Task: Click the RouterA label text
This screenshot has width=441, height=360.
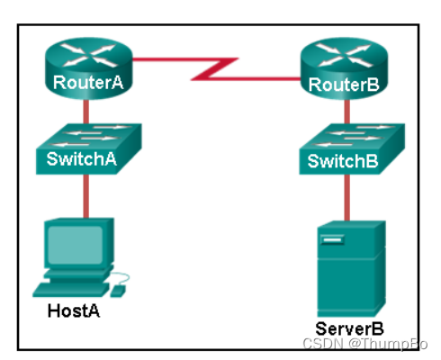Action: (x=88, y=82)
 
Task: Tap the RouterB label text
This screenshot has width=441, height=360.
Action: (x=344, y=85)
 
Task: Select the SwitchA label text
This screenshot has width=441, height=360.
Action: (x=81, y=158)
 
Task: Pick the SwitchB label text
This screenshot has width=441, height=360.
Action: (x=343, y=161)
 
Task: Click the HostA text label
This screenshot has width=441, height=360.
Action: (x=74, y=310)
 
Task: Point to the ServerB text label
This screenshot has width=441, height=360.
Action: (x=349, y=328)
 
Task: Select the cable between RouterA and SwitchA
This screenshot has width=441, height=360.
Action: (x=85, y=112)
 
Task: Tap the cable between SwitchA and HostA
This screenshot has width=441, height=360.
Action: (x=85, y=196)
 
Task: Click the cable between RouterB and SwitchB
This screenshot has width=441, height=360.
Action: (x=346, y=112)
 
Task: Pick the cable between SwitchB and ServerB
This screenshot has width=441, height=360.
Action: (x=346, y=197)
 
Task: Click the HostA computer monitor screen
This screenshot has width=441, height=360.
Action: (x=76, y=245)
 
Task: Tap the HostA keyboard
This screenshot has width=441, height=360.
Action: (x=71, y=290)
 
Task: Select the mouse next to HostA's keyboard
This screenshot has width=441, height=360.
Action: (x=118, y=292)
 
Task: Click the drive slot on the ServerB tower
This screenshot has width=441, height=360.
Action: (x=332, y=240)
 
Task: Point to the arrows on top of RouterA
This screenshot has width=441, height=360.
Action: (x=88, y=55)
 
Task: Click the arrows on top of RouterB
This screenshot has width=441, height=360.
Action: (x=344, y=55)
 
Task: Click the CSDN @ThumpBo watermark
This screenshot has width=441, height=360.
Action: (x=365, y=344)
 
